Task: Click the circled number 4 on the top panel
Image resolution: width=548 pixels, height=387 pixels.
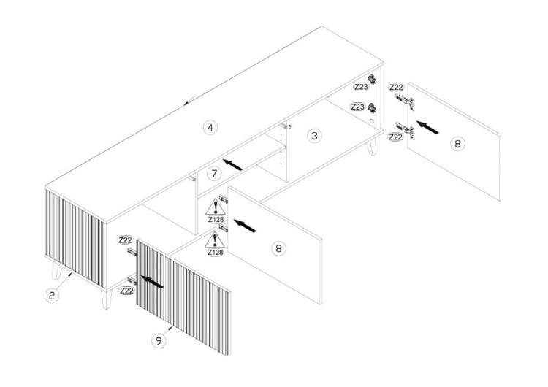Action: point(210,128)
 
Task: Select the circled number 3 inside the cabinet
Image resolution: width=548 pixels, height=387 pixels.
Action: point(314,136)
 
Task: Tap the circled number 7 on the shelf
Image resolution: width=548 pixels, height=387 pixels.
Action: point(213,174)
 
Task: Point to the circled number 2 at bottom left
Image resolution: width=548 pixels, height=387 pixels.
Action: point(52,296)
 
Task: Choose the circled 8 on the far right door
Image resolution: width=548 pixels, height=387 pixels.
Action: point(457,144)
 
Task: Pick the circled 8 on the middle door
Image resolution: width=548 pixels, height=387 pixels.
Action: point(278,248)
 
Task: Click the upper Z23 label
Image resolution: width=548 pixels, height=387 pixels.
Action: point(359,86)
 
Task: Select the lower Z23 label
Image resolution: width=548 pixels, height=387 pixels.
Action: point(357,107)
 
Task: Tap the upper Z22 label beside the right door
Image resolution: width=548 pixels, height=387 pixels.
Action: point(396,86)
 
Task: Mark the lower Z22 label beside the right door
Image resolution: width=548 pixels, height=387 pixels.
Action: point(396,137)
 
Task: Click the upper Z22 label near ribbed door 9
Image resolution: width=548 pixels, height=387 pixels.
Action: point(125,240)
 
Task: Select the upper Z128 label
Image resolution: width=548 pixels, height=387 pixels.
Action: point(215,218)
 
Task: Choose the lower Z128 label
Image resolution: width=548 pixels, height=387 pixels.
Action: point(215,252)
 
